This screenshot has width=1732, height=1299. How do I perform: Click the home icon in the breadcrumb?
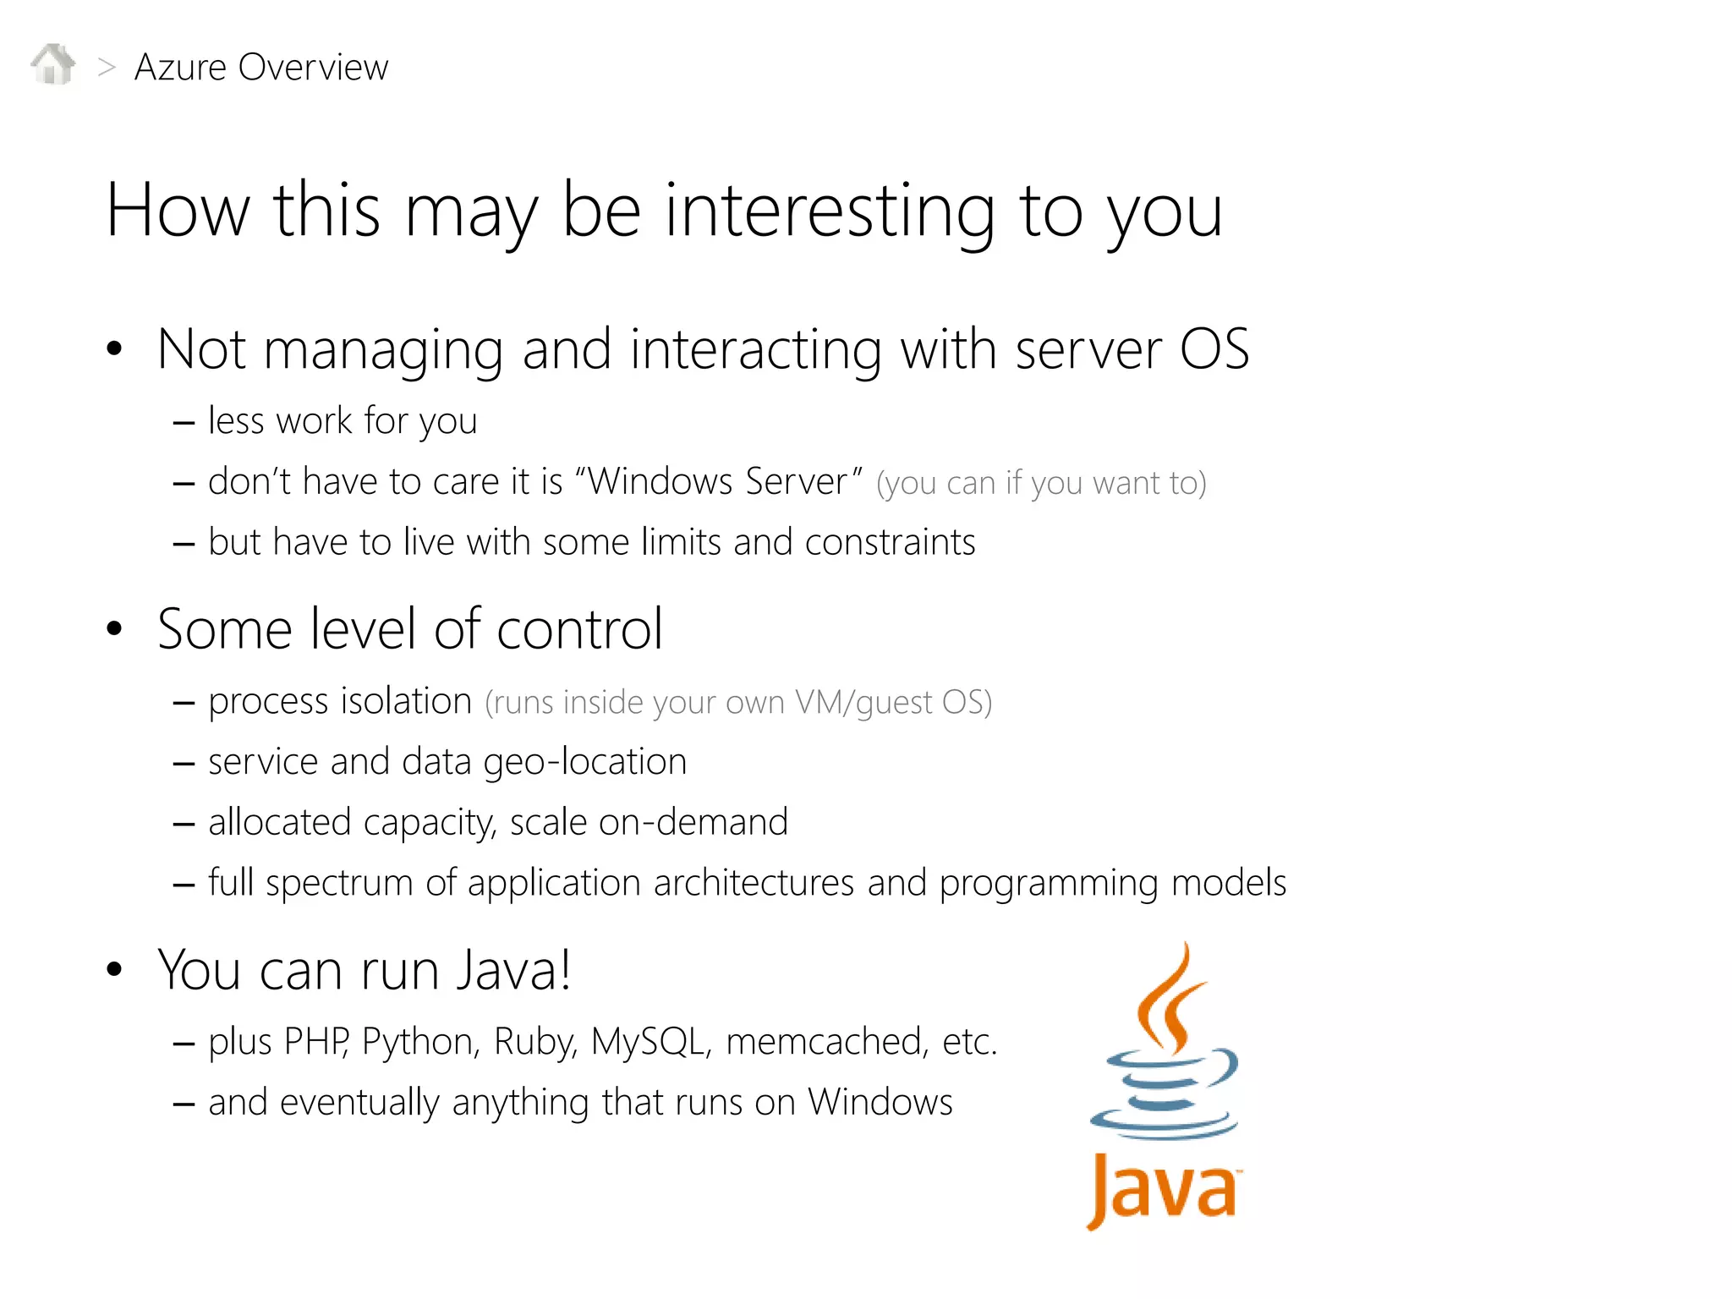[x=53, y=65]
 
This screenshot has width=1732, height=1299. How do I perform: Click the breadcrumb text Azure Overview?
[x=261, y=68]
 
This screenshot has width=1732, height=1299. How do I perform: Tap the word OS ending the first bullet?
[x=1214, y=349]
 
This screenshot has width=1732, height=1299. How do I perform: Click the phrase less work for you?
[x=343, y=421]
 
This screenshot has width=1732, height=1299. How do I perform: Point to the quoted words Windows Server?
[x=718, y=482]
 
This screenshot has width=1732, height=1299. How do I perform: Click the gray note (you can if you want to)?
[x=1041, y=484]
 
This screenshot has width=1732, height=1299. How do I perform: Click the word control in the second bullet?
[x=579, y=629]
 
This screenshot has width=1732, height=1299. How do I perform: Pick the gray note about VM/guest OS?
[x=738, y=703]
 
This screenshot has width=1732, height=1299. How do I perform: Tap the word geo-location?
[x=585, y=762]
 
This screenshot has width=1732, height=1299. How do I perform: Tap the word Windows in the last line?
[x=880, y=1103]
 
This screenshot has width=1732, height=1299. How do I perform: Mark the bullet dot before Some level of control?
[x=114, y=628]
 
